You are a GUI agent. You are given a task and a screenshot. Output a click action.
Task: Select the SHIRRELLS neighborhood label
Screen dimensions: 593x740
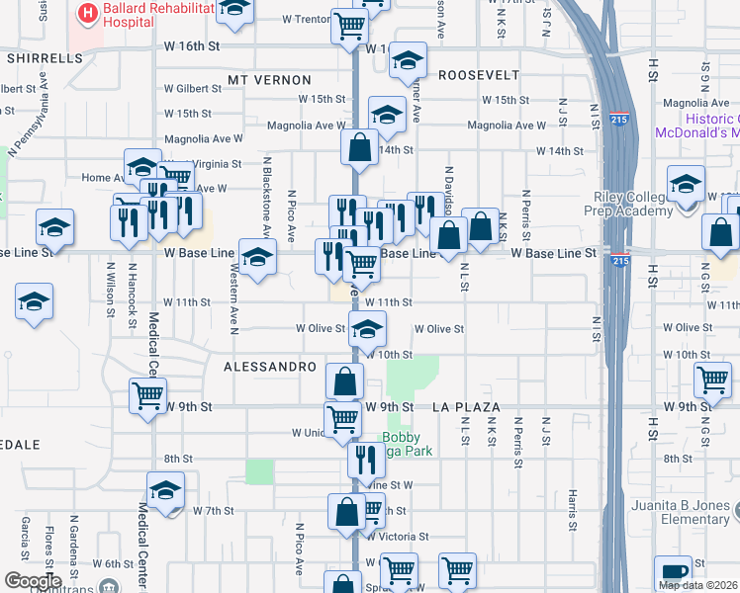click(45, 58)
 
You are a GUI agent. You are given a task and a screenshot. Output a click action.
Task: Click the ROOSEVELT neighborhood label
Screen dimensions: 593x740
click(479, 75)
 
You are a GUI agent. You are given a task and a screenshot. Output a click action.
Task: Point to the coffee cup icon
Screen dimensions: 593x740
click(673, 571)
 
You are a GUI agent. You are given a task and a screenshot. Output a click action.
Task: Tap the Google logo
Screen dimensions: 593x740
click(33, 581)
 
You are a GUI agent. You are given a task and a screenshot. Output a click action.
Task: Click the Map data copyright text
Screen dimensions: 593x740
click(697, 585)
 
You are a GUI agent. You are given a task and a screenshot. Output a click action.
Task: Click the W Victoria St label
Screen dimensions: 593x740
click(396, 537)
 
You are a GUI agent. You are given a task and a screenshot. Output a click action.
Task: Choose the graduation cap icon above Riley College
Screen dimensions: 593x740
click(686, 182)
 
